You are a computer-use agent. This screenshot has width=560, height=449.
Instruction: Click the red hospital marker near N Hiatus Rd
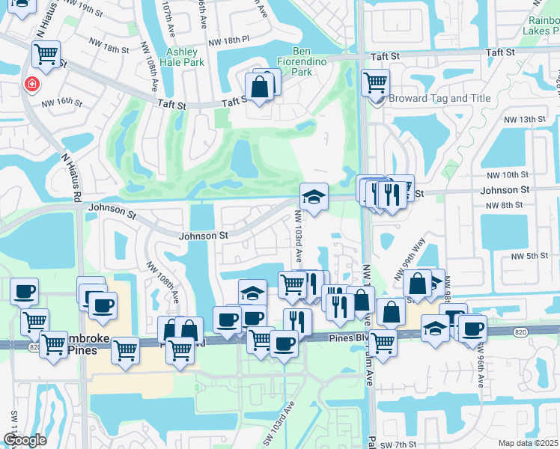click(x=33, y=84)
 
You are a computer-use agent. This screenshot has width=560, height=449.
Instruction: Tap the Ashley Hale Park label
click(x=182, y=57)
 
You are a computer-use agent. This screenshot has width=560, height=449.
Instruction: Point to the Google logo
click(x=25, y=440)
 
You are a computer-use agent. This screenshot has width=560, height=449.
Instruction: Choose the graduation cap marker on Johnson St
click(x=314, y=197)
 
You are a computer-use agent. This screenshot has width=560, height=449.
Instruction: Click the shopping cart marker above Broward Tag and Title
click(x=375, y=82)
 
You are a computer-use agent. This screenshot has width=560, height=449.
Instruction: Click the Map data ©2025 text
click(x=529, y=443)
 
